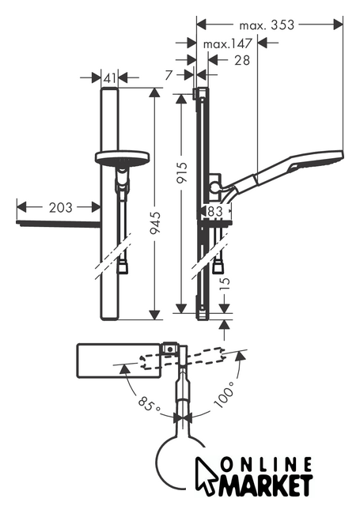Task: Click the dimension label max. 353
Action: tap(267, 25)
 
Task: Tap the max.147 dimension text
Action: tap(227, 43)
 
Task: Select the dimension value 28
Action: tap(242, 60)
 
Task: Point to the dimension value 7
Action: tap(169, 75)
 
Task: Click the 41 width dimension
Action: tap(110, 77)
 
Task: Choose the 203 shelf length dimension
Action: tap(60, 208)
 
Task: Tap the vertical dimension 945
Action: tap(155, 223)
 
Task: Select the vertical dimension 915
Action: tap(182, 172)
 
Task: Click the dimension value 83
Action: tap(215, 211)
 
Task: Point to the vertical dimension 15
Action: tap(226, 283)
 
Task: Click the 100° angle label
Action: tap(224, 395)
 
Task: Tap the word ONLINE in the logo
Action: tap(267, 465)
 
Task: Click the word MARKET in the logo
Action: tap(266, 485)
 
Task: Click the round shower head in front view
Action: tap(123, 157)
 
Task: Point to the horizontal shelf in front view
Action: tap(58, 223)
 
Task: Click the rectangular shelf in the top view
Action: tap(119, 361)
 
